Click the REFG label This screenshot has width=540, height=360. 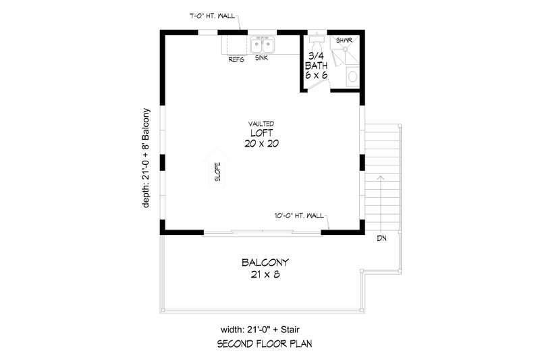[236, 59]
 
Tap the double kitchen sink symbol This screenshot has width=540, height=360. [263, 45]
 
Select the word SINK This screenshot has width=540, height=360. [263, 59]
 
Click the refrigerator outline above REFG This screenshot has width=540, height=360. [236, 44]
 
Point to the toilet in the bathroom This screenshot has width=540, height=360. [352, 78]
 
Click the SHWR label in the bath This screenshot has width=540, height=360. [345, 41]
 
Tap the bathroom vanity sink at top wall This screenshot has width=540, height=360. [316, 38]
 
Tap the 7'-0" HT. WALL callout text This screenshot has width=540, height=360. [213, 15]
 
